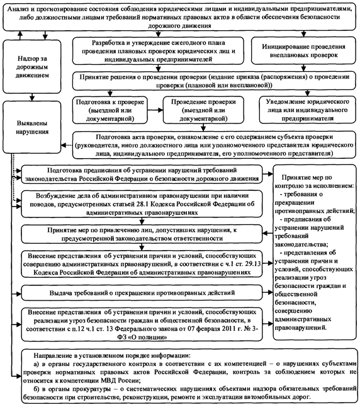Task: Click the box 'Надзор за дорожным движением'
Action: click(x=32, y=67)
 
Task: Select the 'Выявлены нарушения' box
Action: click(x=32, y=127)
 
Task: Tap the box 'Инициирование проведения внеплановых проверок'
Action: click(x=303, y=50)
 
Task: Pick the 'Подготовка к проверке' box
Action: click(x=110, y=110)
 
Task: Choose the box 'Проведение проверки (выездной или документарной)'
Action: click(x=203, y=110)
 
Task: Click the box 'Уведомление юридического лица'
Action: click(x=307, y=110)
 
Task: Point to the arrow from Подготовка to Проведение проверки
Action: click(x=155, y=110)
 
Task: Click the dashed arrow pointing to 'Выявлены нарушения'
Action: click(x=67, y=146)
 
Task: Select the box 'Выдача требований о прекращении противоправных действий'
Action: click(x=142, y=293)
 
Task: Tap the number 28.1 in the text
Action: click(x=142, y=204)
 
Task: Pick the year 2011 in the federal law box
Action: click(x=228, y=329)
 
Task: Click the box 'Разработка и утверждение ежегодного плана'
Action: click(x=158, y=50)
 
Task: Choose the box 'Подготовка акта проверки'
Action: click(x=214, y=145)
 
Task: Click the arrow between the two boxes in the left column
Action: click(x=32, y=97)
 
